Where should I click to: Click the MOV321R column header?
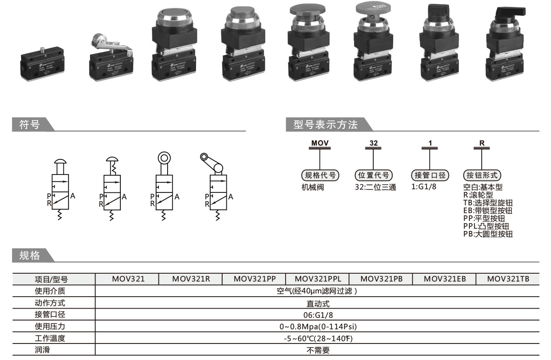[x=191, y=279]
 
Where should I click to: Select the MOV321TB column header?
[x=508, y=279]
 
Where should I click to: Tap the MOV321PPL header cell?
[x=317, y=279]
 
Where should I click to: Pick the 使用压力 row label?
[x=50, y=327]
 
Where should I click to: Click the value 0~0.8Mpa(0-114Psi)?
[x=318, y=327]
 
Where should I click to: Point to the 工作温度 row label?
[x=50, y=339]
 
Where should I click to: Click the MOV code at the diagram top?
[x=320, y=143]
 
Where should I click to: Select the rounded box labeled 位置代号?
[x=374, y=175]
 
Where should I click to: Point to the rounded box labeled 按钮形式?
[x=482, y=175]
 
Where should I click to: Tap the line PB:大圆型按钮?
[x=488, y=234]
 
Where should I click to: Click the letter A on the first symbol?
[x=73, y=196]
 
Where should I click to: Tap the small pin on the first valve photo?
[x=42, y=49]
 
